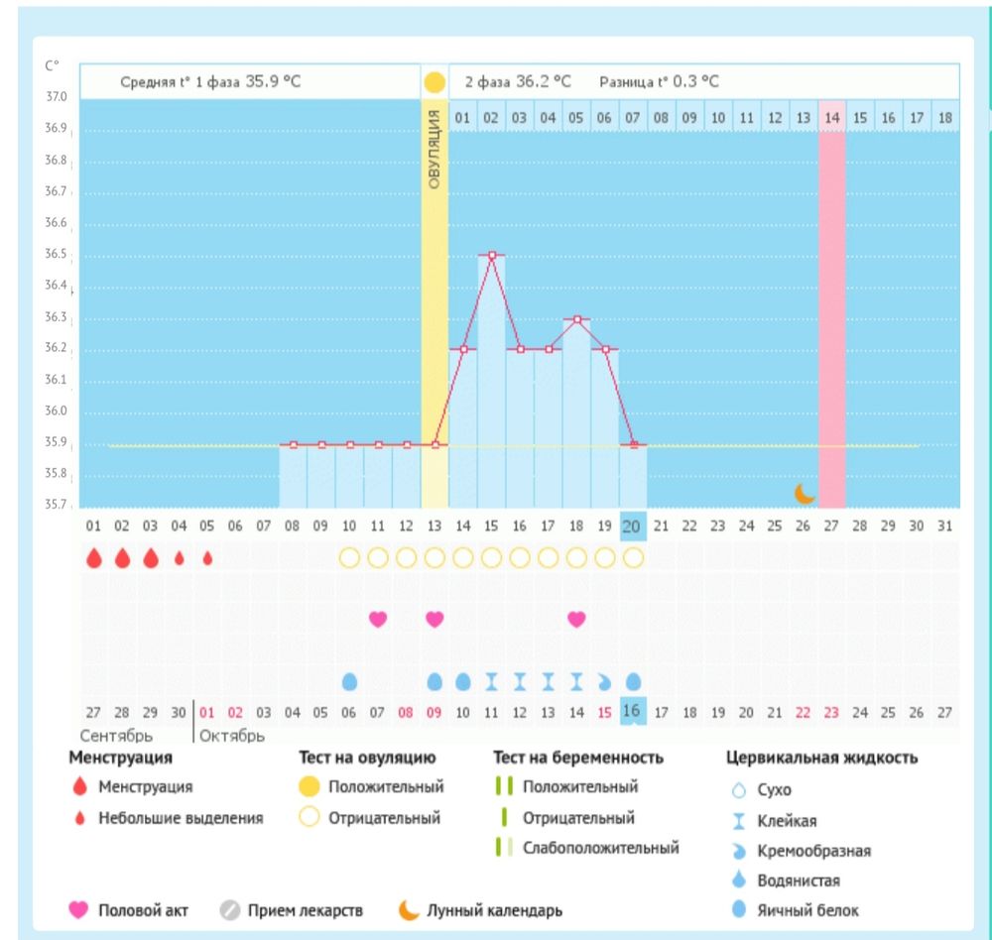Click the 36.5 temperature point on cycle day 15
(491, 256)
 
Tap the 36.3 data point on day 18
(576, 319)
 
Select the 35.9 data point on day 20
(633, 445)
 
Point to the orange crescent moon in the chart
(805, 493)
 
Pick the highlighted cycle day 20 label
(633, 526)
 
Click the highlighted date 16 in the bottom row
(631, 712)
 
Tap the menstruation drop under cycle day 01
(94, 558)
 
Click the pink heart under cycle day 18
(576, 619)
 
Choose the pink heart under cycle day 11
(377, 619)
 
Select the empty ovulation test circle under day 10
(348, 558)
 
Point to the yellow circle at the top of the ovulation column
(434, 82)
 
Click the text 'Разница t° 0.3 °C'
(659, 82)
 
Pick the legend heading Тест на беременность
(578, 759)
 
